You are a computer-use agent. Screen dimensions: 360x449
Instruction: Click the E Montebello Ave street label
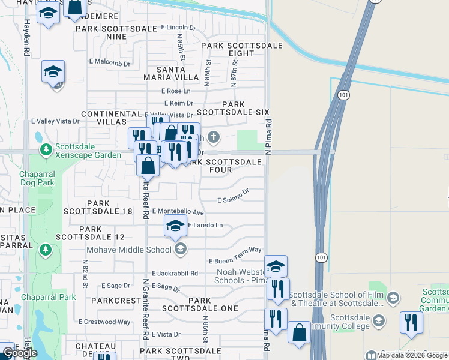[178, 212]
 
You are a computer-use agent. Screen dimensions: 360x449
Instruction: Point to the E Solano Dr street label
[233, 196]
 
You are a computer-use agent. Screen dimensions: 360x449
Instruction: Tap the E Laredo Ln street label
[205, 226]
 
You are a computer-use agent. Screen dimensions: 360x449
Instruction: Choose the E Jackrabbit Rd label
[175, 273]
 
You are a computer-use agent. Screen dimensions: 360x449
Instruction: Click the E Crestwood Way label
[104, 322]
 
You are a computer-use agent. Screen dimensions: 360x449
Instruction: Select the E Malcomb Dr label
[109, 63]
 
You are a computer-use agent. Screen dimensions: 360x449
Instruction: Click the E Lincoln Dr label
[179, 28]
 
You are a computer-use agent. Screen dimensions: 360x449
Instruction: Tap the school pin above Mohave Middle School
[175, 227]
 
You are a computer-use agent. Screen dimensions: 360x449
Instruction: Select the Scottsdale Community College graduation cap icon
[379, 321]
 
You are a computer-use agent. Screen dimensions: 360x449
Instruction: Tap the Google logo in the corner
[20, 353]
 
